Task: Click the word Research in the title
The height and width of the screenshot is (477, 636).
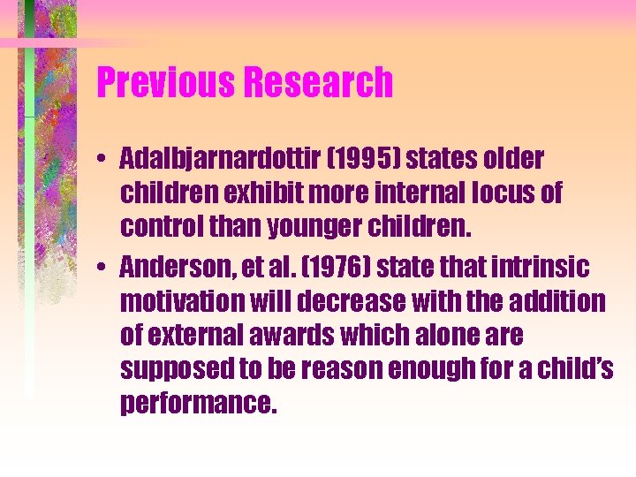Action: point(319,83)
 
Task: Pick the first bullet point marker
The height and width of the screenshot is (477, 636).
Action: point(103,161)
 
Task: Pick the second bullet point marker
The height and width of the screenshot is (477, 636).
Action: point(103,267)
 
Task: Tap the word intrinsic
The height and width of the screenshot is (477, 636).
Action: point(548,266)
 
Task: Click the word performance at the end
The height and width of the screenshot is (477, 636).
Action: point(199,405)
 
